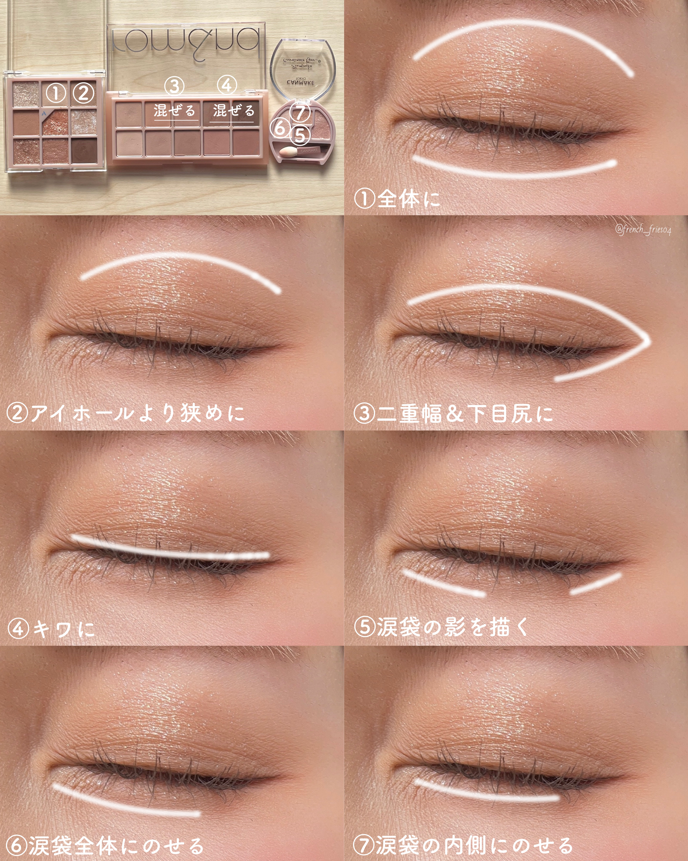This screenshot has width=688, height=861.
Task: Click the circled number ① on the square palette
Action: pyautogui.click(x=56, y=93)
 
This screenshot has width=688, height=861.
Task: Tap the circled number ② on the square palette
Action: pyautogui.click(x=83, y=93)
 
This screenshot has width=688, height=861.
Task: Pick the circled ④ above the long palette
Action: pyautogui.click(x=227, y=86)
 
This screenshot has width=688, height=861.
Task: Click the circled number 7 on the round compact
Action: pyautogui.click(x=300, y=112)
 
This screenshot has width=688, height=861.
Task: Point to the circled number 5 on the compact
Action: pyautogui.click(x=300, y=135)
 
